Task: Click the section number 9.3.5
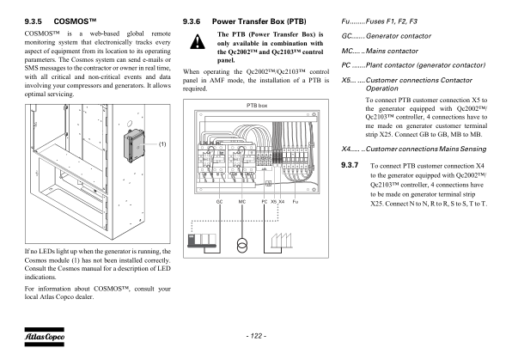[x=34, y=21]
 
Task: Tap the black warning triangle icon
[x=198, y=42]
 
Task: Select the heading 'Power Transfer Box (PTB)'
[x=259, y=21]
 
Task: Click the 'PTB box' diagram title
[x=257, y=106]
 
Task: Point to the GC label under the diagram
[x=219, y=202]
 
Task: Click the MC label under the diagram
[x=242, y=202]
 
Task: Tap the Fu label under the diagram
[x=296, y=202]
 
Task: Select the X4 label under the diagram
[x=282, y=202]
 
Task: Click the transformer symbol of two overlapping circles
[x=242, y=246]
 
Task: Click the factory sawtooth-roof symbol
[x=281, y=241]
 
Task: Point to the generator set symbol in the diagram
[x=202, y=241]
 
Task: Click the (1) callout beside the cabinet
[x=162, y=144]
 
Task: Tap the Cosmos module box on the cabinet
[x=134, y=145]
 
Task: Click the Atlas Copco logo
[x=45, y=337]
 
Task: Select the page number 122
[x=256, y=336]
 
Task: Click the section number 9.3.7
[x=350, y=165]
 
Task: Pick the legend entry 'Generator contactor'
[x=399, y=36]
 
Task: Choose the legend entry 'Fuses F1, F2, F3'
[x=391, y=21]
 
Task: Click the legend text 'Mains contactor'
[x=392, y=51]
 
